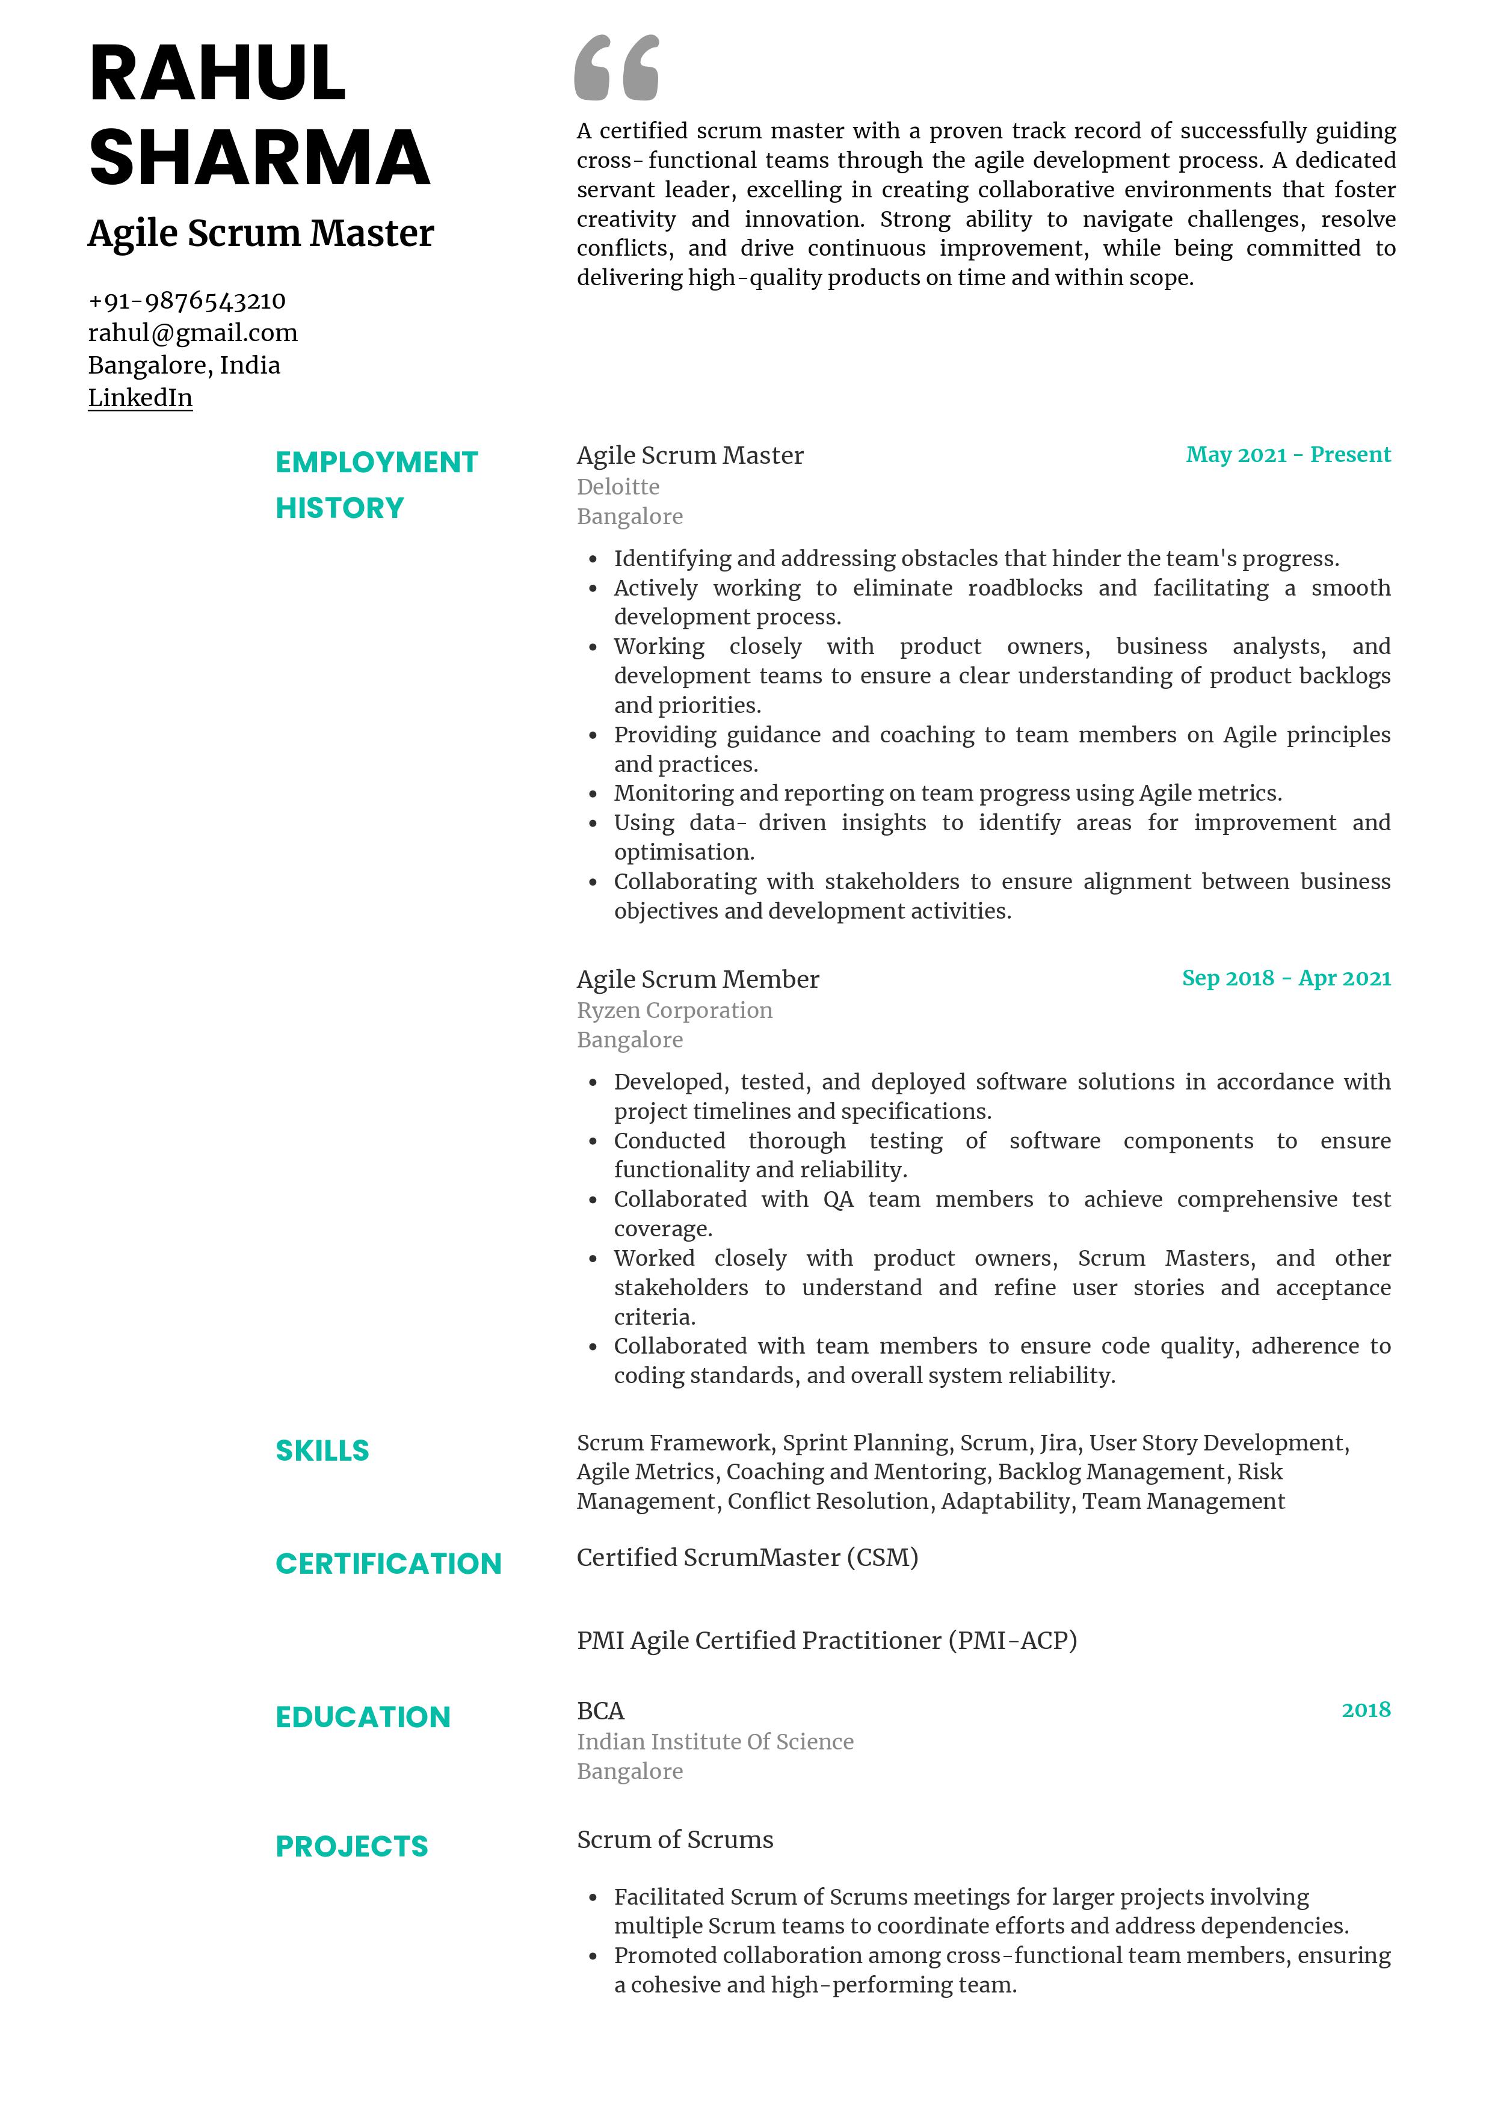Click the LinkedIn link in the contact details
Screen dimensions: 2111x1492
pos(140,398)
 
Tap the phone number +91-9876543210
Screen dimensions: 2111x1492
pos(186,301)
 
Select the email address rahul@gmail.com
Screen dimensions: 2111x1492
pos(192,333)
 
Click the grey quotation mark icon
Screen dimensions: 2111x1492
pos(616,68)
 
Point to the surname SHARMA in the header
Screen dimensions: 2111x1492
pos(259,157)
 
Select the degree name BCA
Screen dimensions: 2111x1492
pos(600,1710)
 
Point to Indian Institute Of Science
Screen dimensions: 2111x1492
pos(714,1742)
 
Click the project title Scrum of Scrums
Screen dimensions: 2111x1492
pos(675,1839)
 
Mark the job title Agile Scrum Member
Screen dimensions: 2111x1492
pos(698,979)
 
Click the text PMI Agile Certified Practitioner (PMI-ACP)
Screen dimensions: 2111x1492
pos(827,1641)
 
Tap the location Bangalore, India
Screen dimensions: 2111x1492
pos(184,365)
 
